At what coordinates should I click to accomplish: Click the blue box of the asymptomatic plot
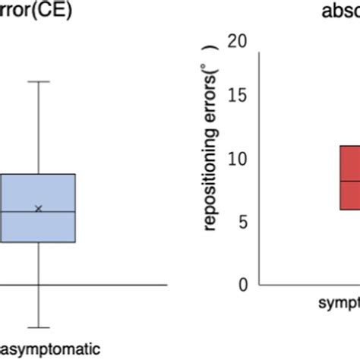coord(38,228)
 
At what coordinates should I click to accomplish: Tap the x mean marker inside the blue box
coord(39,208)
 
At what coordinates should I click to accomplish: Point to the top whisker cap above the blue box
coord(38,81)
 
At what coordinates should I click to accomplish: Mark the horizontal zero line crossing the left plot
coord(114,285)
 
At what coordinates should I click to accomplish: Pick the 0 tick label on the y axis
coord(243,284)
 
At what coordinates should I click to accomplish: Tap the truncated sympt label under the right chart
coord(338,305)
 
